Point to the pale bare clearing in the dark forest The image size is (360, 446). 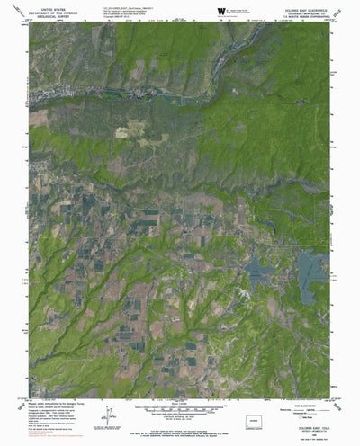[x=123, y=131]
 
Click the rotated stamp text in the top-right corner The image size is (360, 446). [x=345, y=11]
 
